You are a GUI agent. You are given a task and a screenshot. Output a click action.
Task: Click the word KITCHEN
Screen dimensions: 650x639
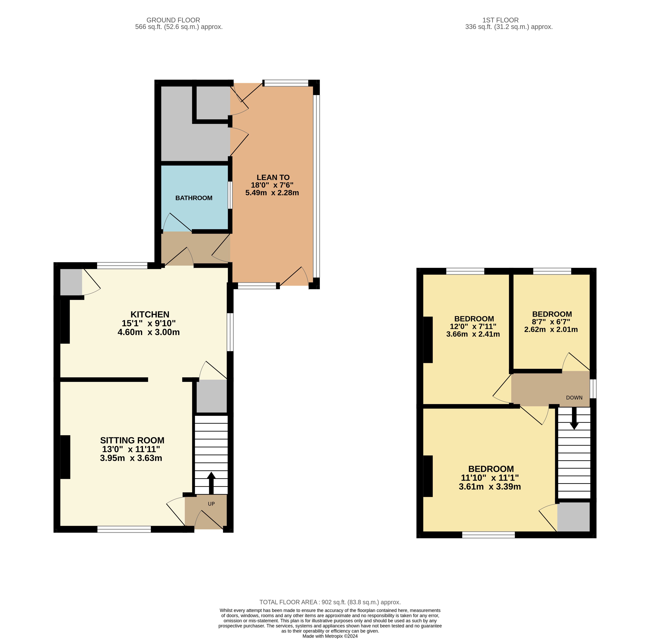pos(150,314)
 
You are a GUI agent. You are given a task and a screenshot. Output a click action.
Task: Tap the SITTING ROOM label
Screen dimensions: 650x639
pos(132,440)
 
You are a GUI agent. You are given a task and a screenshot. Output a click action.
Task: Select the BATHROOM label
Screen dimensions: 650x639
pos(194,198)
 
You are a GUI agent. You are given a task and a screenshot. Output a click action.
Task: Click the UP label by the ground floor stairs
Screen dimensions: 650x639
pos(211,504)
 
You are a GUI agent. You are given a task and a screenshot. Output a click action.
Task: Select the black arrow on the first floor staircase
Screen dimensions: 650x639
pos(574,418)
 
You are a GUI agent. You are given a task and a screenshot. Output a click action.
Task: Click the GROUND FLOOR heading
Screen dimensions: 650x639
pos(173,20)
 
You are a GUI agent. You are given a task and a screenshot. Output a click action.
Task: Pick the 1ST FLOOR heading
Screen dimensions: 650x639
pos(500,20)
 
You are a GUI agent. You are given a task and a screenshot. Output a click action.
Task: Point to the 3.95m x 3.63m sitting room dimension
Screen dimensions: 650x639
pos(131,458)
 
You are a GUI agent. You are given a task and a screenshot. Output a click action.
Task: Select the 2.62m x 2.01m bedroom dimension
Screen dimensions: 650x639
pos(551,330)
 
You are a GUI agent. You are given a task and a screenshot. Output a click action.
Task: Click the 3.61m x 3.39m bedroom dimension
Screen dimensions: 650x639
pos(490,487)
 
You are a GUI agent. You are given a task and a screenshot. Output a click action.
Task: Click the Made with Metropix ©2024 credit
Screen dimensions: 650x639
pos(330,636)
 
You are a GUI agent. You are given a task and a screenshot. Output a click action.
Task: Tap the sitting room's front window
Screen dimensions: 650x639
pos(124,529)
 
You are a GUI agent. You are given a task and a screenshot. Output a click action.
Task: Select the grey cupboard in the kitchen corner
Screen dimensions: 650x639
pos(71,282)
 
